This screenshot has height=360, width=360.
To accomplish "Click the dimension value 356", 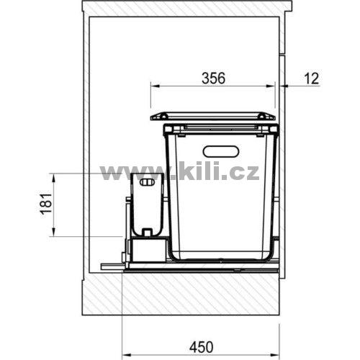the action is pyautogui.click(x=213, y=78).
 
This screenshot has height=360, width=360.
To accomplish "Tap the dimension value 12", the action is pyautogui.click(x=312, y=78).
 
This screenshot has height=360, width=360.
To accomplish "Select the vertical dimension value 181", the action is pyautogui.click(x=46, y=203).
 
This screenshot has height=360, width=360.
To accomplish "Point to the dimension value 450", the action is pyautogui.click(x=201, y=347).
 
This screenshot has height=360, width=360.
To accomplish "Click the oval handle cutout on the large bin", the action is pyautogui.click(x=221, y=151).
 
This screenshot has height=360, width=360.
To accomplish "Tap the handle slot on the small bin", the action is pyautogui.click(x=148, y=183).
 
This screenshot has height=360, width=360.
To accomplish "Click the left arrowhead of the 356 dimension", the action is pyautogui.click(x=155, y=86).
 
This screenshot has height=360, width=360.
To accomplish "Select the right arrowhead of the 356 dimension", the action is pyautogui.click(x=270, y=86).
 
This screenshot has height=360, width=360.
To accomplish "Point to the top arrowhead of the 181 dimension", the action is pyautogui.click(x=54, y=177).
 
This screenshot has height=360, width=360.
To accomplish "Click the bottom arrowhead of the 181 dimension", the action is pyautogui.click(x=54, y=232).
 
